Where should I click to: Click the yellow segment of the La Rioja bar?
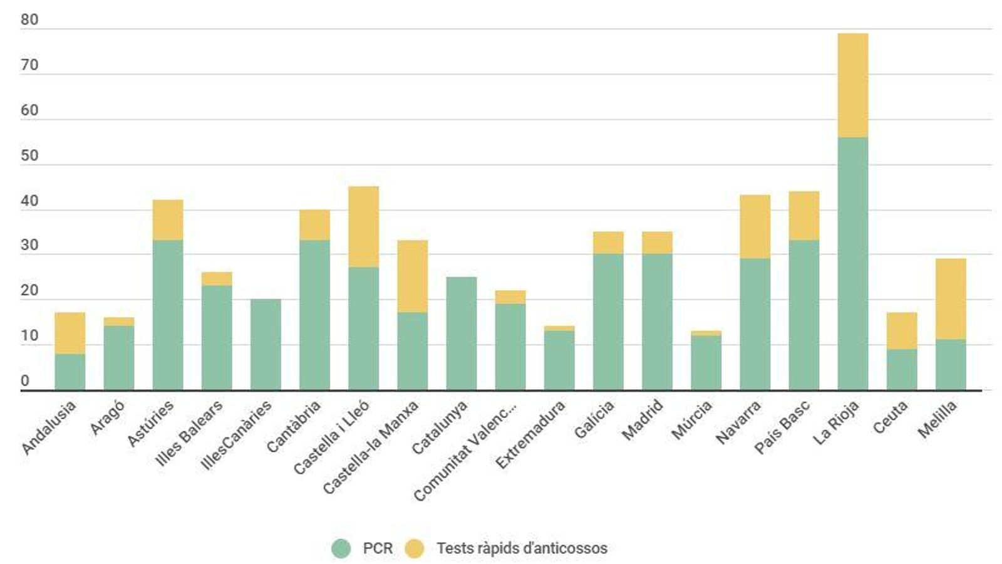[852, 85]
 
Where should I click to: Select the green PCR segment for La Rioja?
[852, 263]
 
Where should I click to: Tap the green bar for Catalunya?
[461, 333]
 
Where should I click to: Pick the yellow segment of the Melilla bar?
[951, 299]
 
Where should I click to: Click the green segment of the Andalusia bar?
[70, 372]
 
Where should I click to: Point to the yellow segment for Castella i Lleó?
[363, 227]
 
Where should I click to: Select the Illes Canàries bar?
[266, 345]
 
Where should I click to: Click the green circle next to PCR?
[341, 548]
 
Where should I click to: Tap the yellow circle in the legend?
[414, 548]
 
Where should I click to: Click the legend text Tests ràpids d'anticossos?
[522, 548]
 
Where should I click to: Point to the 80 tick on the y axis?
[29, 20]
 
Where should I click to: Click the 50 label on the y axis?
[29, 155]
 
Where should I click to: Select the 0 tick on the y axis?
[25, 381]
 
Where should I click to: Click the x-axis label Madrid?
[643, 420]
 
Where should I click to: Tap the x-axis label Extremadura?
[530, 435]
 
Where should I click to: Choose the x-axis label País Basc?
[782, 427]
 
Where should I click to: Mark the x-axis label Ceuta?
[891, 417]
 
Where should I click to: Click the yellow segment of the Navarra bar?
[755, 227]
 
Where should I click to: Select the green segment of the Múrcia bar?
[706, 362]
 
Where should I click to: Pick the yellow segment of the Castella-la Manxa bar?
[412, 276]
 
